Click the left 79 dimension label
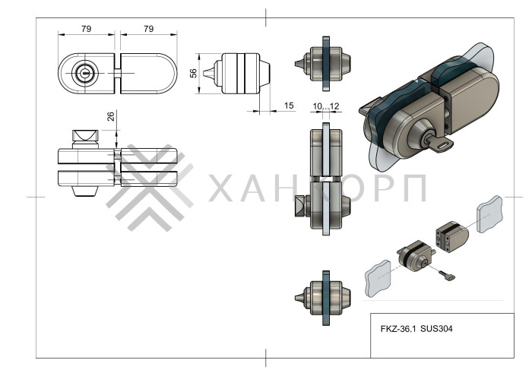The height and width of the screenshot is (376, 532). tap(86, 29)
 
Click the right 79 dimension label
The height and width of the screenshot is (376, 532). tap(148, 29)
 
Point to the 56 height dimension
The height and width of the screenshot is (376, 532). tap(193, 73)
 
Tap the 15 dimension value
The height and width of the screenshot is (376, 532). tap(289, 106)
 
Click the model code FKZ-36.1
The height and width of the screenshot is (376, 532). tap(399, 330)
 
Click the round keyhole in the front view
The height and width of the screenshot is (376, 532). tap(84, 74)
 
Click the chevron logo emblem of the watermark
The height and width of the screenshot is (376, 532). tap(148, 187)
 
